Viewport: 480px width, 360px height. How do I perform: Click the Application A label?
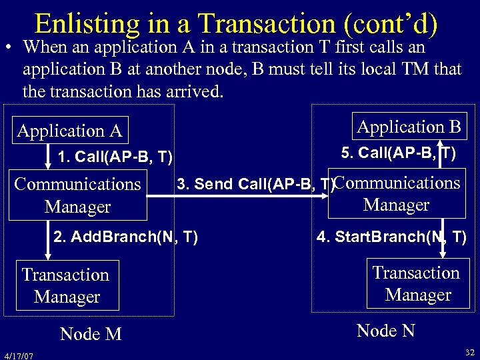(69, 131)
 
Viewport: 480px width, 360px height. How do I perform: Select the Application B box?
(409, 127)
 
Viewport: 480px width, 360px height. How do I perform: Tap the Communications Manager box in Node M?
(78, 195)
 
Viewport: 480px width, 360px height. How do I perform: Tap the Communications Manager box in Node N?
(397, 194)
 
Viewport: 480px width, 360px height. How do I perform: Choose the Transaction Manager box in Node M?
(65, 285)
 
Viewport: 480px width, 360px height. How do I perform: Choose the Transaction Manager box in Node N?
(417, 283)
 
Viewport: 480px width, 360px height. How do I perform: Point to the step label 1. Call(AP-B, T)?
(115, 157)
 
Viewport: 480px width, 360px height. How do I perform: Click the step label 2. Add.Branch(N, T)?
(125, 237)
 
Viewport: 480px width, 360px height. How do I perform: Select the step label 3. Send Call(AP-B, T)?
(253, 184)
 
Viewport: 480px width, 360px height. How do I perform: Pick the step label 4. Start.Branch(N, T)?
(391, 237)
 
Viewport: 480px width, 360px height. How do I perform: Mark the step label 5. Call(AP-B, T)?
(398, 153)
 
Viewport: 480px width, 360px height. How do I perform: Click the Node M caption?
(91, 334)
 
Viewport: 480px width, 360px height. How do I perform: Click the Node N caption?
(386, 330)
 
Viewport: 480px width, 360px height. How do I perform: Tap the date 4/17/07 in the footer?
(18, 354)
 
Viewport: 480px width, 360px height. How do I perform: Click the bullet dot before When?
(9, 49)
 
